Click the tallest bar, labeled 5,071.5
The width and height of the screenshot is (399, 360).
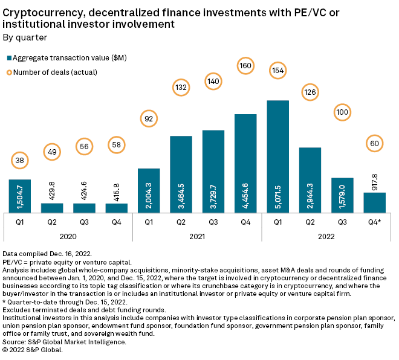click(x=277, y=156)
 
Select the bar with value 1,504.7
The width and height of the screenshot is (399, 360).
click(x=20, y=196)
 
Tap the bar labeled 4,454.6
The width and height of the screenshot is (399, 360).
click(x=245, y=163)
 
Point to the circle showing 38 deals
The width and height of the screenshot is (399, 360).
click(x=20, y=161)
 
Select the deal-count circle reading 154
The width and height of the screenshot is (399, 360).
click(x=277, y=69)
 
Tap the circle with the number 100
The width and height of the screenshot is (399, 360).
click(x=342, y=112)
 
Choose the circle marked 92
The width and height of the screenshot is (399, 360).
click(x=149, y=119)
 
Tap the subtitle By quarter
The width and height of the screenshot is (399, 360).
click(x=25, y=37)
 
